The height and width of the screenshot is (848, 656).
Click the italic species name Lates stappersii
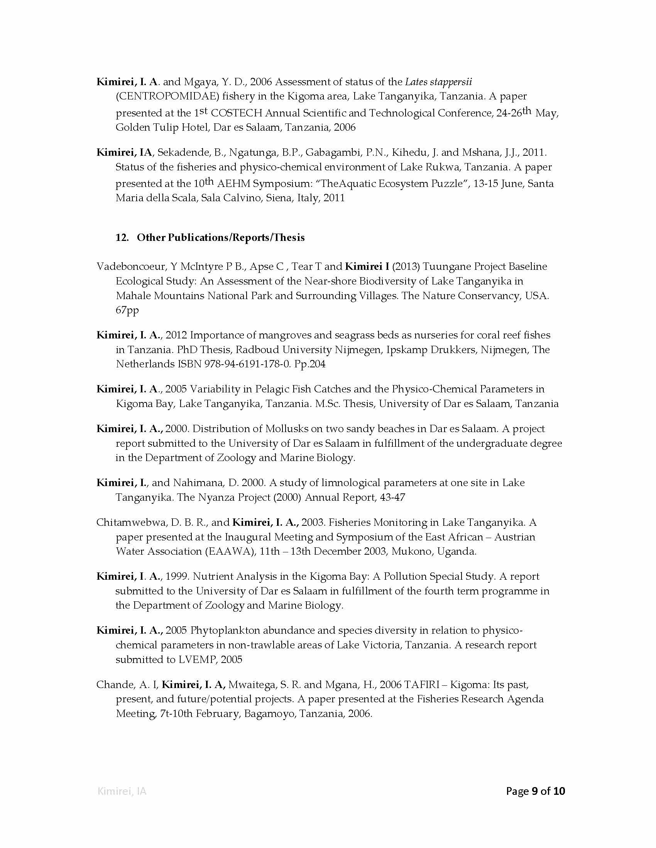[438, 82]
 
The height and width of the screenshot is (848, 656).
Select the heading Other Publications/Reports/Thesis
[220, 237]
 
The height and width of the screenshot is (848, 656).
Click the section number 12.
[122, 237]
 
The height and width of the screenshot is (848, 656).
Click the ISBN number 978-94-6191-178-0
[247, 364]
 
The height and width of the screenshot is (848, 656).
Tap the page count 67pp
[127, 310]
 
